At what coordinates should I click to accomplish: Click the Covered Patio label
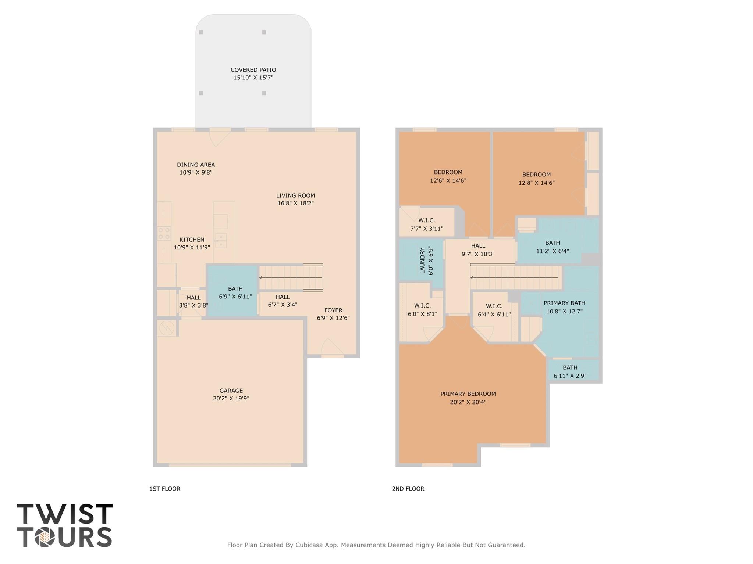coord(253,70)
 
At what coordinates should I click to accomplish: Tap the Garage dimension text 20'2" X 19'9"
coord(231,398)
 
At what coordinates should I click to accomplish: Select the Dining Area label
coord(196,165)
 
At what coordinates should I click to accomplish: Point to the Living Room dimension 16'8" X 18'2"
coord(295,203)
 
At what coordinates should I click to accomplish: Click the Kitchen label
coord(192,240)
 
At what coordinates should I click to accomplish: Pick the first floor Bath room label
coord(235,289)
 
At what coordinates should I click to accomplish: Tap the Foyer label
coord(333,310)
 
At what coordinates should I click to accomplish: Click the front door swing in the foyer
coord(332,347)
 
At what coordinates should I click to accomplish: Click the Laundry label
coord(422,261)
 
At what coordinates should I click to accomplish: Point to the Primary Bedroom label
coord(468,394)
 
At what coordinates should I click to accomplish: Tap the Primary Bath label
coord(564,303)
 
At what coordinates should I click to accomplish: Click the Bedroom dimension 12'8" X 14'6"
coord(536,183)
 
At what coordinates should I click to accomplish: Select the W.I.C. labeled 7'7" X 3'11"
coord(427,224)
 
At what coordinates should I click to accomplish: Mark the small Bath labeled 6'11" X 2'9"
coord(570,371)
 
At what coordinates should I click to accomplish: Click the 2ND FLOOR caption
coord(408,489)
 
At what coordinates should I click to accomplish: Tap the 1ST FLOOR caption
coord(165,489)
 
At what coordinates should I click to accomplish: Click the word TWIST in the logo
coord(65,514)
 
